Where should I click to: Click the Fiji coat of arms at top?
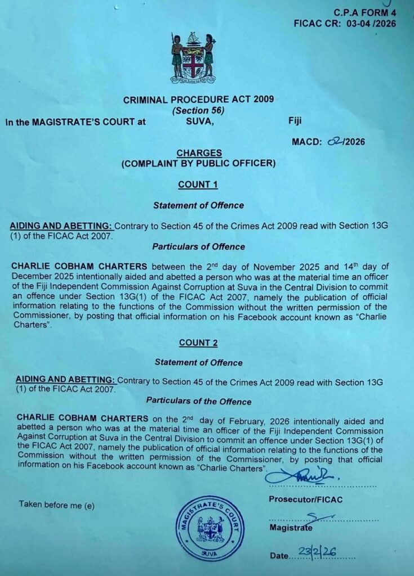click(x=193, y=58)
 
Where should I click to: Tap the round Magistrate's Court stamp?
click(x=210, y=528)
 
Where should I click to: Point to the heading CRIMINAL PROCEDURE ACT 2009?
click(x=199, y=100)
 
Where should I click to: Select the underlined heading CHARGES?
click(x=199, y=153)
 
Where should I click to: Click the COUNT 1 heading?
click(x=198, y=184)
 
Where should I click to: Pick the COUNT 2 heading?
click(x=198, y=343)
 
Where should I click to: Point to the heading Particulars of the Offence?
click(x=198, y=401)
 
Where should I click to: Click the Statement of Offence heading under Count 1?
click(x=199, y=205)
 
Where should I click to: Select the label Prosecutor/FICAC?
click(x=306, y=499)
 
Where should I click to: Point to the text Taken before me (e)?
click(x=56, y=505)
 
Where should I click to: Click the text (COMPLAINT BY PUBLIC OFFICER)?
click(x=198, y=164)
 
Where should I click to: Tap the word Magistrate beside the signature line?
click(x=291, y=528)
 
